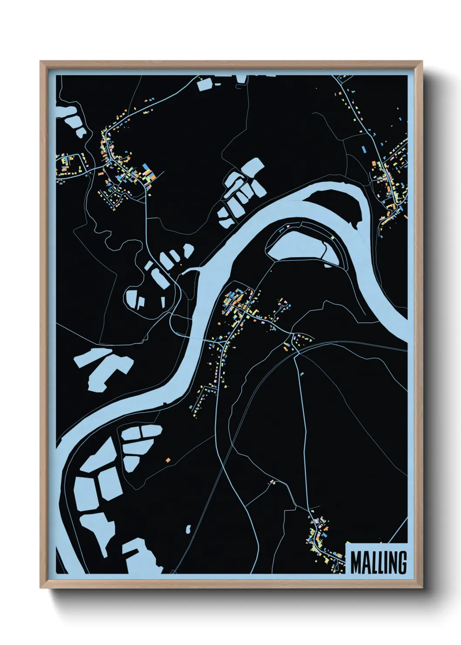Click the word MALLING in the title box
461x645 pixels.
(378, 563)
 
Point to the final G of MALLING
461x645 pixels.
(402, 563)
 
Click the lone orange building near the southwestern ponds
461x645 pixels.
(168, 459)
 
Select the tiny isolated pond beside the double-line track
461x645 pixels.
(189, 529)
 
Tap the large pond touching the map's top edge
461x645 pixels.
(204, 84)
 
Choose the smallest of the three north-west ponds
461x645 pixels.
(81, 131)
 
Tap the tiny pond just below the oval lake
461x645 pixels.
(328, 265)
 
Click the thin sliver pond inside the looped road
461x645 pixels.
(163, 302)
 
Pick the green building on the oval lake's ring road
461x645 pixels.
(332, 238)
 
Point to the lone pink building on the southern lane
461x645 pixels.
(273, 481)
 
